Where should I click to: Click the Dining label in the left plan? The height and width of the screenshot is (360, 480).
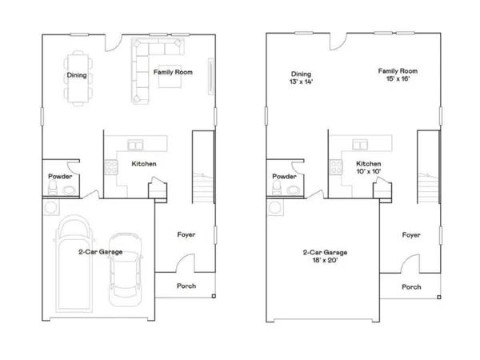pyautogui.click(x=77, y=77)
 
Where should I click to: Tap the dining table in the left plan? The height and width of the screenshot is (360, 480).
pyautogui.click(x=78, y=77)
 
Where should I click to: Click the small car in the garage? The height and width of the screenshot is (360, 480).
pyautogui.click(x=124, y=267)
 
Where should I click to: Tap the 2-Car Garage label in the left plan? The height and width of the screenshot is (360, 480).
pyautogui.click(x=100, y=252)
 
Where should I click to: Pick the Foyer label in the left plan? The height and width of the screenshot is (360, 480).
pyautogui.click(x=186, y=234)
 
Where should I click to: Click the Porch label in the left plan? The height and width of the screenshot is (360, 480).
pyautogui.click(x=186, y=286)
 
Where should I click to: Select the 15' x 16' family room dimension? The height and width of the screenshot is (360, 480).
pyautogui.click(x=398, y=80)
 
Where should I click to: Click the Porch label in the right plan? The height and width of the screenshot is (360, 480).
pyautogui.click(x=411, y=286)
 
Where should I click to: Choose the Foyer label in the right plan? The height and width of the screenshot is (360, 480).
pyautogui.click(x=411, y=235)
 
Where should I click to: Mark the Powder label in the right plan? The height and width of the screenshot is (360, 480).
pyautogui.click(x=285, y=176)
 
